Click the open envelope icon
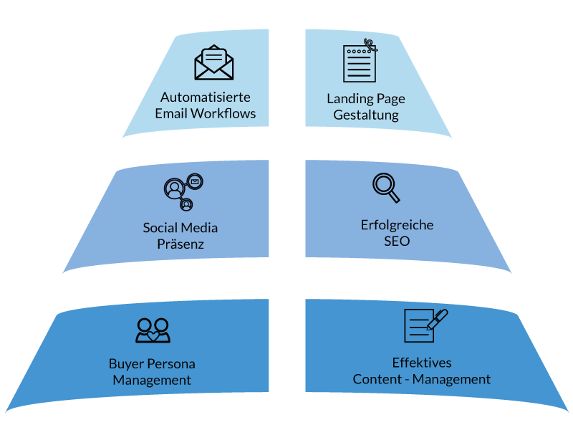point(214,63)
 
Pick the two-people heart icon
point(153,330)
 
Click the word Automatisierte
point(205,97)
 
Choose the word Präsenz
point(180,244)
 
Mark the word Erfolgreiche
point(397,225)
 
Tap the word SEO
point(397,242)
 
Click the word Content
point(376,379)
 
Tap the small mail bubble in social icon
point(195,182)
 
